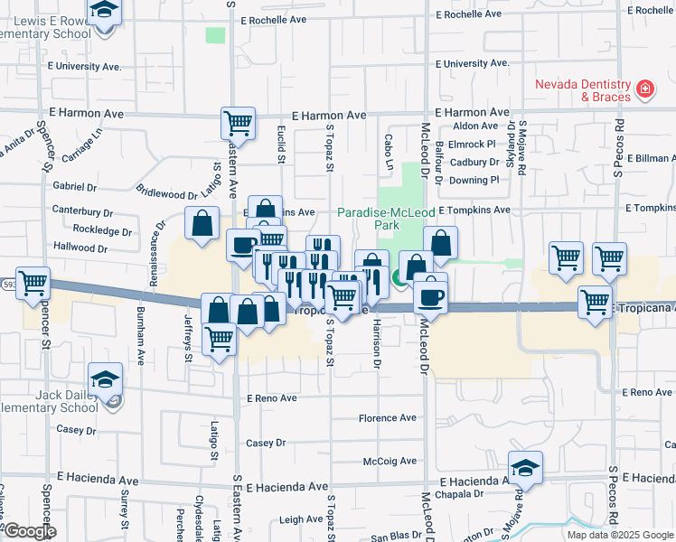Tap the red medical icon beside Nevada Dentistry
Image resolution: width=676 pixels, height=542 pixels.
[645, 89]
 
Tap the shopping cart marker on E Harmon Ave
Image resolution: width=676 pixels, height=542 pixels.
[239, 122]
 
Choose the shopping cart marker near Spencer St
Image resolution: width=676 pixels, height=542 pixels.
[33, 283]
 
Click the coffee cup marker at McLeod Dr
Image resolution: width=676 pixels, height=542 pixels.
[431, 295]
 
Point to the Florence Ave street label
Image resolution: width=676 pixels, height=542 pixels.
[387, 418]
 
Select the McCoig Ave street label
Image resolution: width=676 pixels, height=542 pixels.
[389, 461]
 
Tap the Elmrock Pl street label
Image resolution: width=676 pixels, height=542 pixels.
[474, 144]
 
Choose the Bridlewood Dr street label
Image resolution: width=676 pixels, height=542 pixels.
[165, 193]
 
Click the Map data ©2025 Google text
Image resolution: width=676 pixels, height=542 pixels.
[620, 535]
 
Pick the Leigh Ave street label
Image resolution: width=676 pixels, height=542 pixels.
[301, 519]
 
